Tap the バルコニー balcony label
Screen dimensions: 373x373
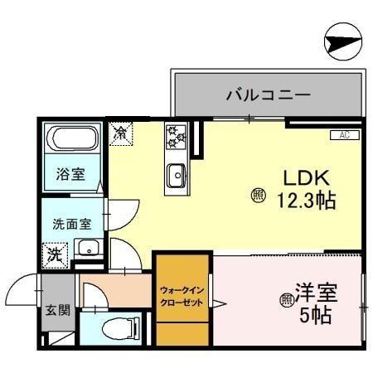269,95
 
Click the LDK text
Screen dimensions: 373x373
308,177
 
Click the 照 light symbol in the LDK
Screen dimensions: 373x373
258,196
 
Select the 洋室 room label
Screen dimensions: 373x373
319,294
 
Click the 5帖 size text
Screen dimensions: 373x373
319,316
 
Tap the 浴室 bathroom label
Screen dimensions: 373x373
70,175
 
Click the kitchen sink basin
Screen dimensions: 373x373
177,177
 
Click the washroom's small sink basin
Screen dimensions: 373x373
86,247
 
